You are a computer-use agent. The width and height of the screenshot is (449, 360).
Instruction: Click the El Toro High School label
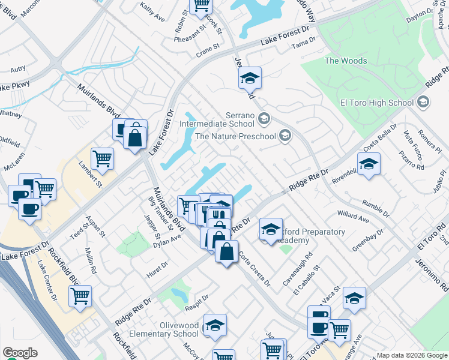point(376,103)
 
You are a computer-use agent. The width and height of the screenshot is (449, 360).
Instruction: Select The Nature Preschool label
point(235,136)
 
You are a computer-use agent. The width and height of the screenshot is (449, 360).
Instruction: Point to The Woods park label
point(345,61)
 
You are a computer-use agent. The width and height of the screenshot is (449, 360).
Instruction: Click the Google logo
point(20,352)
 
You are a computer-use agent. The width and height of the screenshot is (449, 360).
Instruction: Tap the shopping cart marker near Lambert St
point(103,159)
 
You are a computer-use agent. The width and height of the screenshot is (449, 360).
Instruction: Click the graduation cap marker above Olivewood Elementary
point(215,325)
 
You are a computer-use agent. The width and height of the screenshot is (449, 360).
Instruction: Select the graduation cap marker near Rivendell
point(369,164)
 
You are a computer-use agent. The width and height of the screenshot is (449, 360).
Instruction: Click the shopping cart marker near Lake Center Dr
point(80,296)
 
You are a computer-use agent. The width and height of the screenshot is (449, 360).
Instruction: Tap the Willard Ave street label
point(353,216)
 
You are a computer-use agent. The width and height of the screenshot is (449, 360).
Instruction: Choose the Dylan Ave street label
point(167,241)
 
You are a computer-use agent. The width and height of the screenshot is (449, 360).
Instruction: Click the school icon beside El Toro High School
point(424,102)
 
